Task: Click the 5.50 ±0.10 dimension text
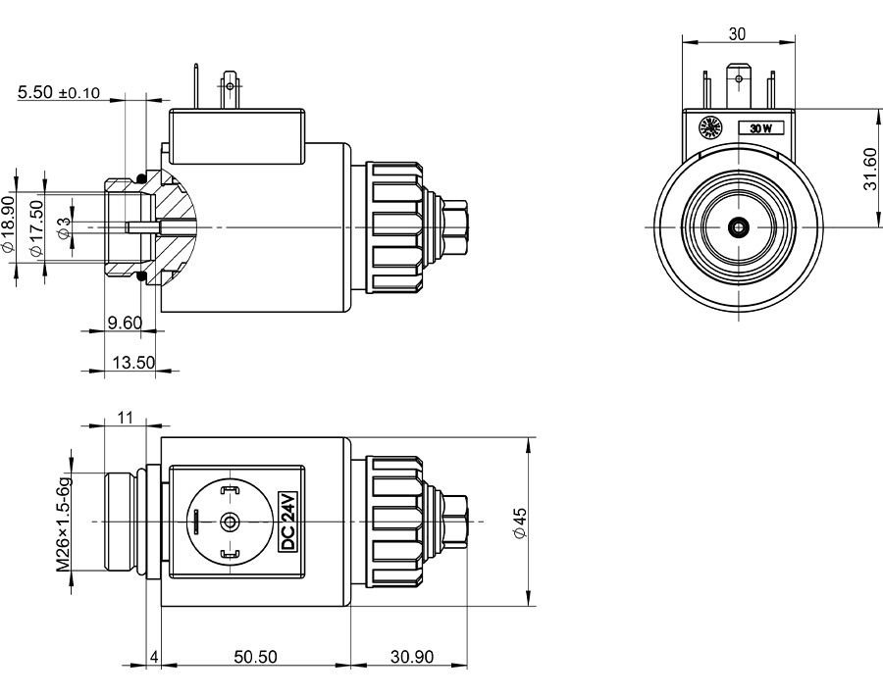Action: pos(59,93)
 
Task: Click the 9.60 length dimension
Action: pos(125,323)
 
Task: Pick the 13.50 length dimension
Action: pos(133,362)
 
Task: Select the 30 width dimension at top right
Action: pos(738,33)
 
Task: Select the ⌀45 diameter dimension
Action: pos(520,522)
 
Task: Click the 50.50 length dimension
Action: pos(255,657)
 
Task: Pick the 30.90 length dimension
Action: pos(412,657)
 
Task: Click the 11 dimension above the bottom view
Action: pos(125,417)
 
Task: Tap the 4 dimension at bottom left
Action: pos(154,657)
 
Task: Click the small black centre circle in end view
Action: pos(738,227)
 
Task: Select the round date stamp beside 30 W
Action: pos(708,127)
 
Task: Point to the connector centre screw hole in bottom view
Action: pos(231,522)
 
